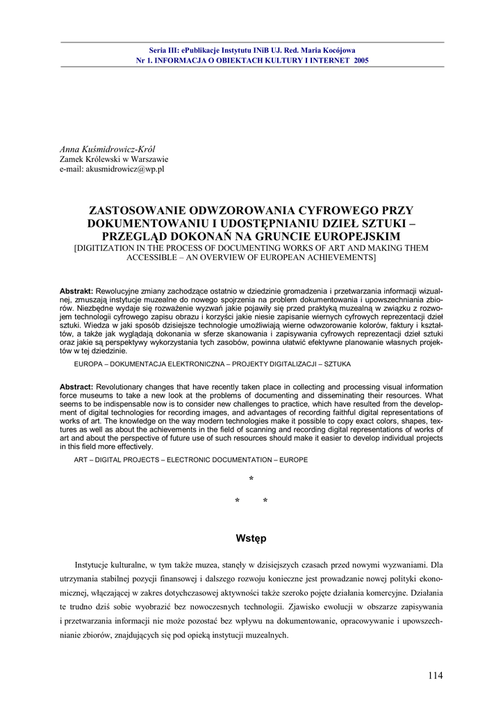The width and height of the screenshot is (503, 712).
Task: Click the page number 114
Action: pyautogui.click(x=436, y=675)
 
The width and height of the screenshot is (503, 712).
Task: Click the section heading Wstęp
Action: pyautogui.click(x=251, y=538)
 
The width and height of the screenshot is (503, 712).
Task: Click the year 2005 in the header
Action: pyautogui.click(x=361, y=60)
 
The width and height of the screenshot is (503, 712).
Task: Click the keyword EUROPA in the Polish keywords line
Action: pyautogui.click(x=89, y=364)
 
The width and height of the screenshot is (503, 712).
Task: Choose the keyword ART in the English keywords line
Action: pyautogui.click(x=81, y=460)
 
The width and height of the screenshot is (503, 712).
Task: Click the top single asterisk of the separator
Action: pyautogui.click(x=251, y=480)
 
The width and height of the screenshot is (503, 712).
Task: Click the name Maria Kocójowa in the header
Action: pyautogui.click(x=327, y=50)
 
